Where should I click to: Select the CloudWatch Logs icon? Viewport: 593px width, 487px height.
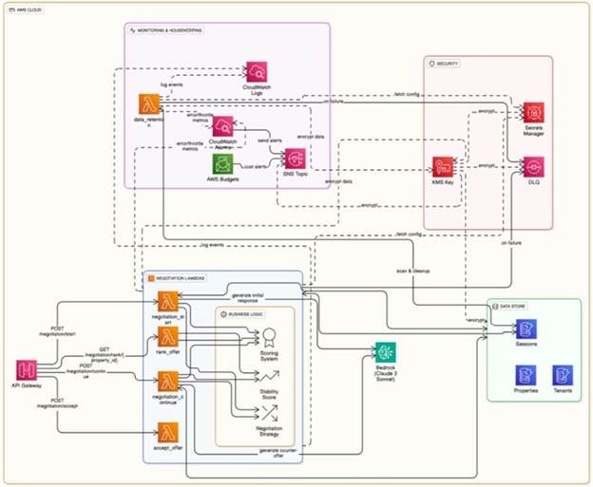(x=258, y=70)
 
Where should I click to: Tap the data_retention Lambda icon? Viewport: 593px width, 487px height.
(x=148, y=103)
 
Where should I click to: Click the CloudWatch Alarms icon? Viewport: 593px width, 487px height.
(x=223, y=127)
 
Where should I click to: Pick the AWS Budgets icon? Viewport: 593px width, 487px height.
(x=222, y=162)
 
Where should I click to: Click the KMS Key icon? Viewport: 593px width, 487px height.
(x=442, y=166)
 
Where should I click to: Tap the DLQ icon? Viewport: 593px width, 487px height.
(x=534, y=168)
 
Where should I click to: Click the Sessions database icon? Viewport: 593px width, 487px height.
(x=526, y=328)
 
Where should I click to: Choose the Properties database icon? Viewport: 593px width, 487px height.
(x=526, y=374)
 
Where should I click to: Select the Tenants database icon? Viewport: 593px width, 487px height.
(x=562, y=374)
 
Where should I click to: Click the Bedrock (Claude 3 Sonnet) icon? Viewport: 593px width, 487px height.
(x=385, y=352)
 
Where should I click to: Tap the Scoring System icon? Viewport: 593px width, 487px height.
(x=270, y=336)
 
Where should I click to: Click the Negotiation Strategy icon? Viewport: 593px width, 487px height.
(x=270, y=413)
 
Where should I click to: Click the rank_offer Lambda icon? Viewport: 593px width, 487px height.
(x=170, y=337)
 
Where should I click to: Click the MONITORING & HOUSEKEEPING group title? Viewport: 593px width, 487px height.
(x=171, y=31)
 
